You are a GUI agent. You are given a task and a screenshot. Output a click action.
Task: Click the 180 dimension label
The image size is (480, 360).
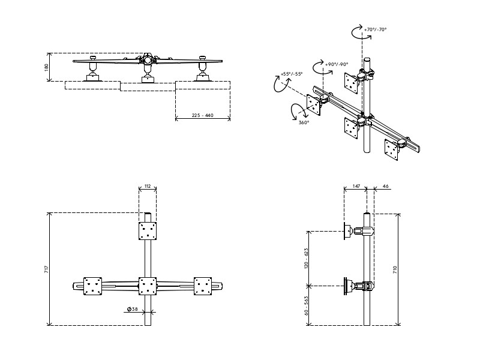[x=47, y=67]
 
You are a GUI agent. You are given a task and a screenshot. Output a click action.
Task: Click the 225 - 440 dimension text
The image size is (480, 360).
[x=203, y=115]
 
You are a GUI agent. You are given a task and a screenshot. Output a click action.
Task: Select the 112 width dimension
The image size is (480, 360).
[x=148, y=186]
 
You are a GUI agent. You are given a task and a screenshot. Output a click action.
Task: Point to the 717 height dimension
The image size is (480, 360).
[x=47, y=269]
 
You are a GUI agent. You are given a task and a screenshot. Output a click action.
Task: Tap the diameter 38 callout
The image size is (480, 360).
[x=133, y=310]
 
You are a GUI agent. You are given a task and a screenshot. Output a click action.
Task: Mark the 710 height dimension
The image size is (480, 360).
[x=394, y=269]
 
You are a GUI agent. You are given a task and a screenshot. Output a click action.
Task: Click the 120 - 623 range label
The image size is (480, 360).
[x=306, y=259]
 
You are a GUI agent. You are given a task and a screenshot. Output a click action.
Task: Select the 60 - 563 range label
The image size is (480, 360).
[x=306, y=305]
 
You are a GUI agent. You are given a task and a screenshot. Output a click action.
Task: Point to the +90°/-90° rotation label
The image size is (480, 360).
[x=337, y=64]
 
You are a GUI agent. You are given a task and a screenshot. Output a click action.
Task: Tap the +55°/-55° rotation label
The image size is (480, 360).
[x=291, y=74]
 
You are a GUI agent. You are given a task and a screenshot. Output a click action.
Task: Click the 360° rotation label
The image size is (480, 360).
[x=304, y=122]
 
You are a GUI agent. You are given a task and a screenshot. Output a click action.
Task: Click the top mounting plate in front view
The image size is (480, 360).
[x=148, y=230]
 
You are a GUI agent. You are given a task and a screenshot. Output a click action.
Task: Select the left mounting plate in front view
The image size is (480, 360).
[x=93, y=286]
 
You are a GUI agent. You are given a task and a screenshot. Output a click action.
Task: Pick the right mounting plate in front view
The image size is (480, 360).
[x=203, y=286]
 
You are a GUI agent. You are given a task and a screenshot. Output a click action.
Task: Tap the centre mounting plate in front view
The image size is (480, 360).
[x=148, y=286]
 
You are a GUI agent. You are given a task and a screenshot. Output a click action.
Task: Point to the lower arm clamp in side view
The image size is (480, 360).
[x=362, y=286]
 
